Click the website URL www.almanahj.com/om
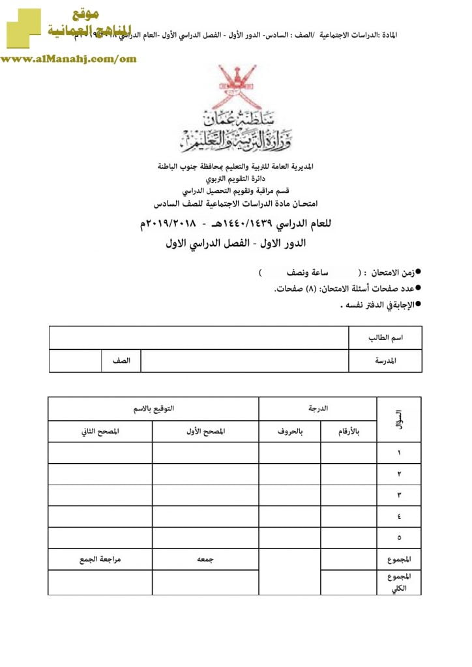point(68,59)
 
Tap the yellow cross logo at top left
point(22,29)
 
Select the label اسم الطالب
point(384,338)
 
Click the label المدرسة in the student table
point(385,360)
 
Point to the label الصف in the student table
point(121,360)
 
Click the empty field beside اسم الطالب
point(199,338)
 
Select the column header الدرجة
point(317,408)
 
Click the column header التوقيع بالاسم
point(153,408)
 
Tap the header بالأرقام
point(348,431)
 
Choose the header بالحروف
point(289,431)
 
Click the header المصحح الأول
point(205,431)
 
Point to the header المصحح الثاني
point(100,431)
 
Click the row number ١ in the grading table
point(399,453)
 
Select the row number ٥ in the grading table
point(399,537)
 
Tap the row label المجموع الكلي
point(398,582)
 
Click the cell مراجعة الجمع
point(100,559)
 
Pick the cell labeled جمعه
point(205,559)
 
